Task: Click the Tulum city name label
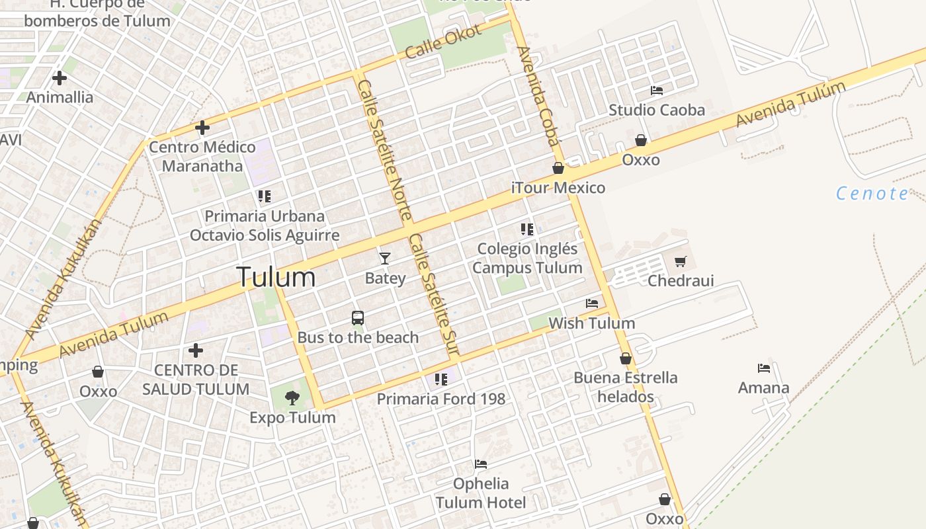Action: coord(276,276)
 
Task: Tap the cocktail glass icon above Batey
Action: coord(384,258)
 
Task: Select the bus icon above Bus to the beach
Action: coord(358,318)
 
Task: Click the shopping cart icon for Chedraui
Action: coord(681,261)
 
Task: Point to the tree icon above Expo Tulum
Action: coord(292,397)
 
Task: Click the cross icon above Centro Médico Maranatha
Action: coord(202,127)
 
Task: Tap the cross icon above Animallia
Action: coord(60,78)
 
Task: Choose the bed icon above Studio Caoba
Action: coord(657,90)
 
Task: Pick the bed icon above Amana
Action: coord(764,368)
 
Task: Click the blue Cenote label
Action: coord(872,193)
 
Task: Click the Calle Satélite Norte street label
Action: coord(384,149)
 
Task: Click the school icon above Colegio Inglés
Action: coord(526,229)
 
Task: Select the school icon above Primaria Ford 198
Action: coord(441,380)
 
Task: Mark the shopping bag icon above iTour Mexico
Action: coord(558,168)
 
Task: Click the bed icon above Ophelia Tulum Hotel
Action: coord(481,464)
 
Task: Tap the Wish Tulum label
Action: coord(592,323)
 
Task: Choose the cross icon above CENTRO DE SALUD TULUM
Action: coord(196,350)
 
